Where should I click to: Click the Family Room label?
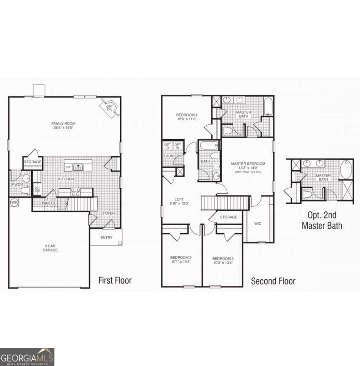tap(63, 124)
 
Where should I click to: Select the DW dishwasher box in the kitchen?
tap(68, 167)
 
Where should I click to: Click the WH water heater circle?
tap(14, 202)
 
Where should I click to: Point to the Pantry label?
tap(48, 203)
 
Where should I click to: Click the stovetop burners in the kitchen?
tap(75, 192)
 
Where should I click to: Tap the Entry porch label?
tap(106, 238)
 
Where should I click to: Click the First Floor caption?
tap(115, 280)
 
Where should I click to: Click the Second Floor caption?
tap(273, 281)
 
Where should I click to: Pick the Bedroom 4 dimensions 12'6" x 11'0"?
tap(187, 119)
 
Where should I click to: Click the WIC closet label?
tap(258, 224)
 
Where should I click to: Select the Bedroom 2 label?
tap(181, 258)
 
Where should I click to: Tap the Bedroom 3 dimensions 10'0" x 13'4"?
tap(223, 263)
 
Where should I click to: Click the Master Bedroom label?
tap(248, 164)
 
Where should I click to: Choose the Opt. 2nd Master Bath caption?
tap(322, 220)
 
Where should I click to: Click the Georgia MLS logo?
tap(27, 356)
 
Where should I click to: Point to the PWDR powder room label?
tap(17, 185)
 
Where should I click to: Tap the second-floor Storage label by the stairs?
tap(228, 217)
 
